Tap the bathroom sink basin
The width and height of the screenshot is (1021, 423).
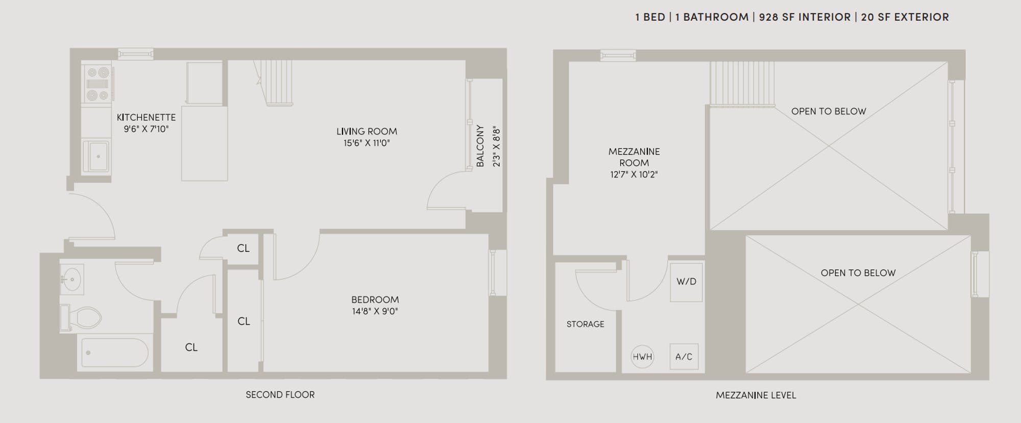[x=72, y=279]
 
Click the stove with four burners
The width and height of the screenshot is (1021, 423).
[x=98, y=84]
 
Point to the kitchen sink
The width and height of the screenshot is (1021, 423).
[x=96, y=156]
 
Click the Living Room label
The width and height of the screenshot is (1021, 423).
[x=367, y=131]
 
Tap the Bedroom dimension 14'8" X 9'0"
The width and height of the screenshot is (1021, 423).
[x=375, y=311]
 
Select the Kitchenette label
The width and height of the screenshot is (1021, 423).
[x=146, y=117]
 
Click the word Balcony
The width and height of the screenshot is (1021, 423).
[x=480, y=146]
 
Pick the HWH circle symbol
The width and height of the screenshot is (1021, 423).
[x=642, y=357]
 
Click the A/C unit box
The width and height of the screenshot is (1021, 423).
[x=684, y=357]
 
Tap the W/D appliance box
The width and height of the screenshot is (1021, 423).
[x=686, y=282]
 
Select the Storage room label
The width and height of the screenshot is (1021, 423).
[x=585, y=324]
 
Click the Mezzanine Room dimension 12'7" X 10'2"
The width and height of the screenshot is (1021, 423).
[x=634, y=175]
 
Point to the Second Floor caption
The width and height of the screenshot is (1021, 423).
[x=280, y=394]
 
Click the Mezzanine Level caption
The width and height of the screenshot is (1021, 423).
[x=756, y=395]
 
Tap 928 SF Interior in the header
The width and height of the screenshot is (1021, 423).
[x=805, y=17]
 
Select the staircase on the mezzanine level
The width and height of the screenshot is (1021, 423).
[x=742, y=84]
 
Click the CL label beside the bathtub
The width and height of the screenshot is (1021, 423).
[x=191, y=347]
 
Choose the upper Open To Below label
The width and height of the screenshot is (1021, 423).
[x=829, y=111]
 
